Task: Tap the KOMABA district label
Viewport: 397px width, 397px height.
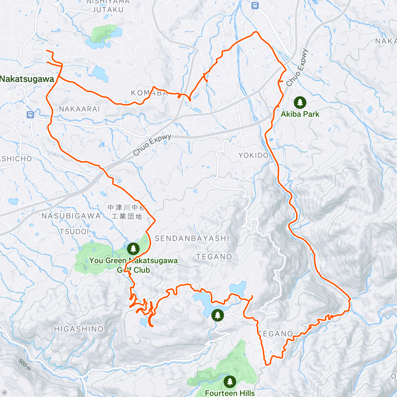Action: (x=149, y=93)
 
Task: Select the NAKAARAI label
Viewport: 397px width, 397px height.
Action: (x=79, y=109)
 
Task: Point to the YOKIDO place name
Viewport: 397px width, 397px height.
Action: (x=253, y=155)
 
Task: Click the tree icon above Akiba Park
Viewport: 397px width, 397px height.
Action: (x=300, y=102)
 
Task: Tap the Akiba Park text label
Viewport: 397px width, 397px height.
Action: (x=300, y=114)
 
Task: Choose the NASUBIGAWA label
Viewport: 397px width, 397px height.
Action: (x=71, y=216)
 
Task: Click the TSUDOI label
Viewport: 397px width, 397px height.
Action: (x=74, y=231)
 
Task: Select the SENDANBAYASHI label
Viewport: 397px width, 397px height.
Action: (x=192, y=238)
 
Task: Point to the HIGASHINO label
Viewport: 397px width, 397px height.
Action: (x=79, y=329)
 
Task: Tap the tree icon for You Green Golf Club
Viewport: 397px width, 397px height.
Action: (x=133, y=248)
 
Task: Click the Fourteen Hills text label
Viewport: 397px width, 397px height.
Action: (x=230, y=393)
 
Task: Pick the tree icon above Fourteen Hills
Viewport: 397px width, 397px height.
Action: (x=230, y=381)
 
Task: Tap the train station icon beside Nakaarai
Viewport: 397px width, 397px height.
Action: (x=30, y=115)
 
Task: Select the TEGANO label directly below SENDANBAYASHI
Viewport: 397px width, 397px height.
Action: (x=214, y=257)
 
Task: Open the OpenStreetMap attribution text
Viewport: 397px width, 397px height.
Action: (x=53, y=393)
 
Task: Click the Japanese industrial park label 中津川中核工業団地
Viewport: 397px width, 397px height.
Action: (x=126, y=212)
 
